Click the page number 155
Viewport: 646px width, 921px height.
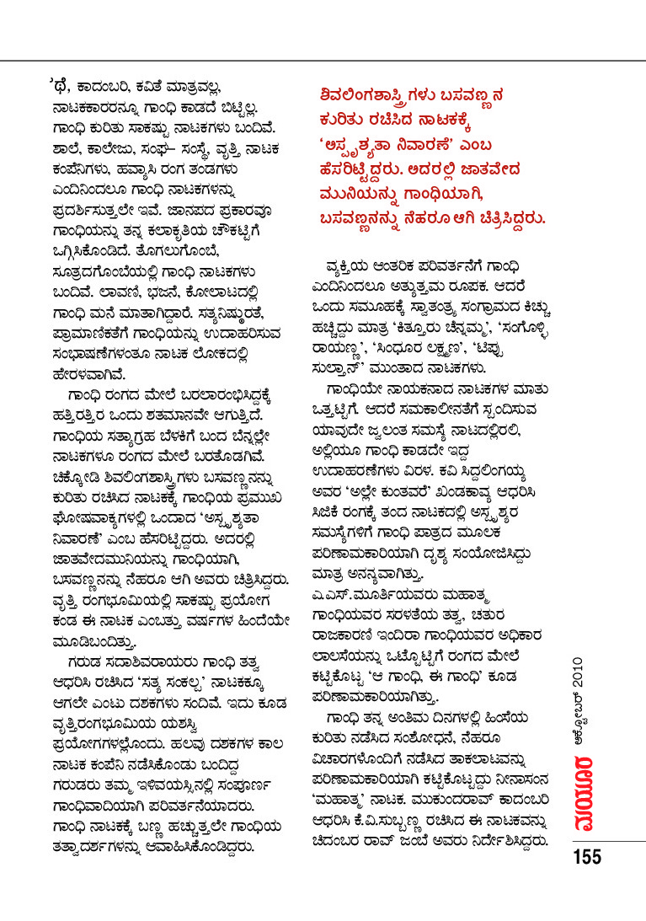coord(587,858)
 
